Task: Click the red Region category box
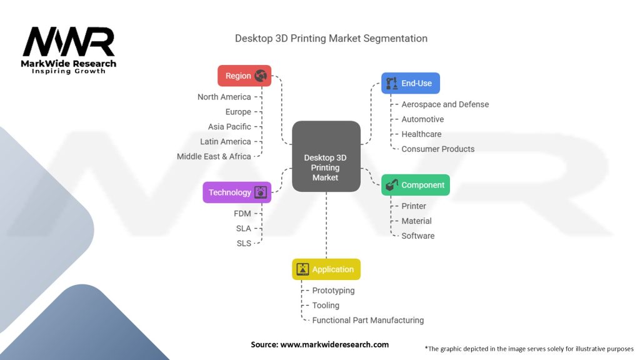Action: (244, 76)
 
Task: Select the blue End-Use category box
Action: (411, 83)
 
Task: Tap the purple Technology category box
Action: (237, 192)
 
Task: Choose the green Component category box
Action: (416, 185)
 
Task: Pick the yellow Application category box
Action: (326, 269)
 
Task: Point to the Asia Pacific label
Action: (229, 127)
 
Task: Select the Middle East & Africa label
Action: (214, 156)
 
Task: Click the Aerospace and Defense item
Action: (445, 104)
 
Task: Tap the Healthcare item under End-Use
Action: (421, 134)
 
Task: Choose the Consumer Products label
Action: (437, 149)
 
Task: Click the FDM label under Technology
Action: (242, 214)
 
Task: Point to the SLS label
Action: (243, 243)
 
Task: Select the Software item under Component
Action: (417, 236)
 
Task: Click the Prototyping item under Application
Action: (333, 291)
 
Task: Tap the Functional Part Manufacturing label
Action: (367, 320)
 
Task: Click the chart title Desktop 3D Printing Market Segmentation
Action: (331, 38)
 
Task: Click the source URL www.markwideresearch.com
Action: (335, 344)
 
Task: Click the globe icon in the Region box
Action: (261, 76)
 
